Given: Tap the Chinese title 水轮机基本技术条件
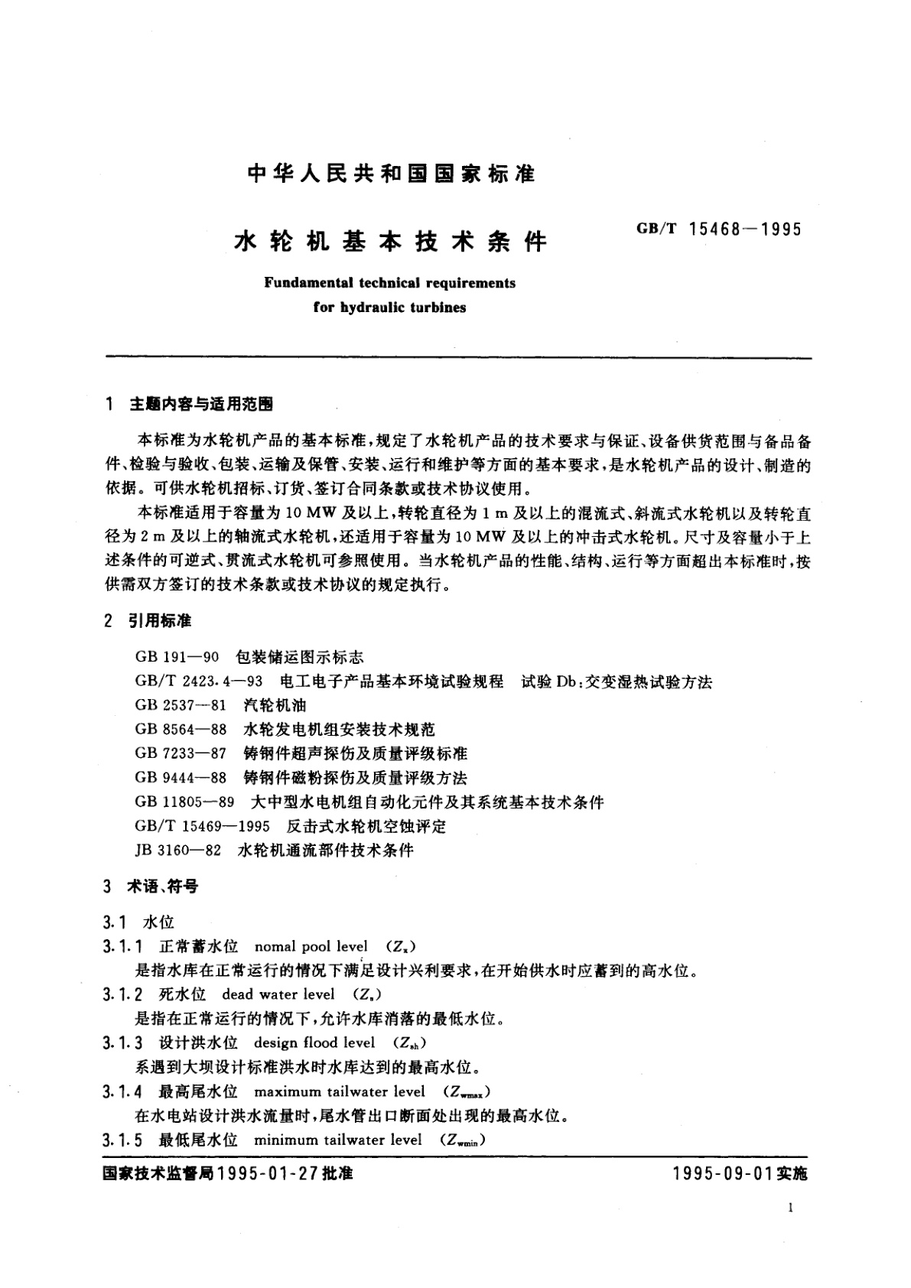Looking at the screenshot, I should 389,242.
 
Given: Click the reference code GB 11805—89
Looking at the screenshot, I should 184,802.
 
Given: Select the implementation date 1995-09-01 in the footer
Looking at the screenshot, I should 721,1173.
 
